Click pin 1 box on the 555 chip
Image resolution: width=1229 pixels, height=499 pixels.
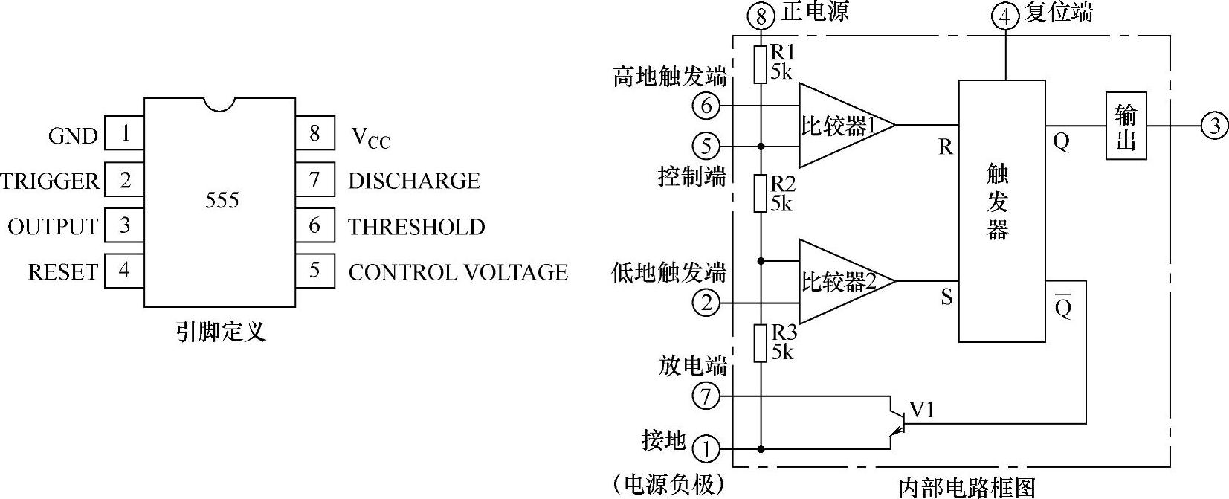point(124,134)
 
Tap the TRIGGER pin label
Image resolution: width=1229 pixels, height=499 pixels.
point(50,181)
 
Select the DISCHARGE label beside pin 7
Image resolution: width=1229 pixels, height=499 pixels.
point(414,181)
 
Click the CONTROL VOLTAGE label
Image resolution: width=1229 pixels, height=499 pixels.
point(458,272)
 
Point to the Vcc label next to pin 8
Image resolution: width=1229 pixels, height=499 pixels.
point(370,137)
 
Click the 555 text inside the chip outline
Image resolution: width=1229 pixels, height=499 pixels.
point(222,200)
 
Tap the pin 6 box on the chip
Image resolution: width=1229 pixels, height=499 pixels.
point(314,225)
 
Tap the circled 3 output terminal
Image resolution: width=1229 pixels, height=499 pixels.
point(1215,126)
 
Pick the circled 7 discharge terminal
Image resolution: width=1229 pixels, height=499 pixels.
point(706,396)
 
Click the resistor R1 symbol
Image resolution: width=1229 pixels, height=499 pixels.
point(760,65)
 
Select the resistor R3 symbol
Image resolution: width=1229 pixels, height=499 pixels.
point(760,343)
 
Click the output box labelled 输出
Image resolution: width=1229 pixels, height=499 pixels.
point(1126,126)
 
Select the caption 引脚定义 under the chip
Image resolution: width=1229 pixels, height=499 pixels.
point(220,332)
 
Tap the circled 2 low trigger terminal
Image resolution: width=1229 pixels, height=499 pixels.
point(706,303)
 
